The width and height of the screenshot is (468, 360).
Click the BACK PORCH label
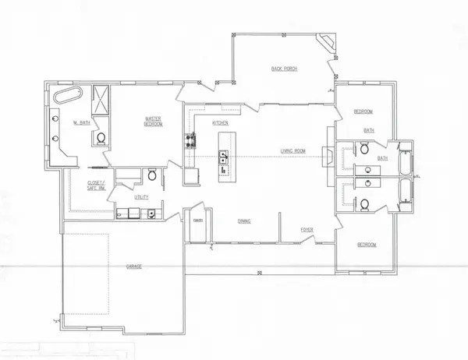tap(286, 69)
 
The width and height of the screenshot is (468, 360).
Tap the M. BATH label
tap(80, 122)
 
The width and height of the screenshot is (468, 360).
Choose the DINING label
tap(244, 221)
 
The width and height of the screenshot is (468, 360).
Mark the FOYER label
tap(309, 230)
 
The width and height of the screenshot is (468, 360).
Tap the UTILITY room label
tap(141, 198)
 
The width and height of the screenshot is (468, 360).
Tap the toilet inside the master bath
tap(100, 139)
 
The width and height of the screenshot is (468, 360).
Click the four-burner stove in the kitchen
tap(189, 141)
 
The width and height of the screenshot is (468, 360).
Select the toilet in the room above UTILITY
tap(152, 176)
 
